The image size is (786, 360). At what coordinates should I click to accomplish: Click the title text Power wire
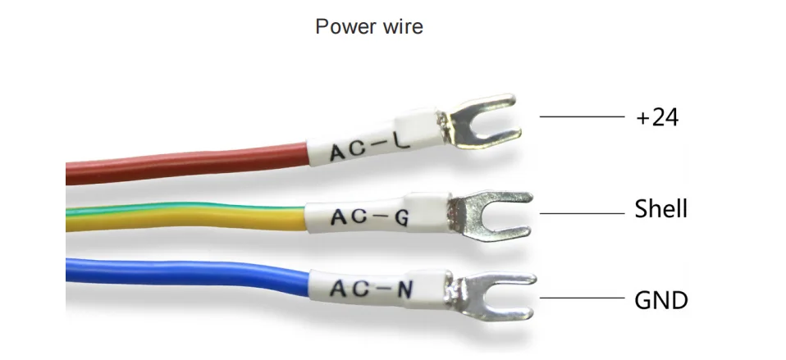click(369, 26)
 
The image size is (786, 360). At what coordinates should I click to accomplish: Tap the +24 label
click(657, 117)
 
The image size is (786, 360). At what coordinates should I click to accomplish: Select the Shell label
click(660, 209)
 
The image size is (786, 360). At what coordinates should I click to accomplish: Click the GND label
click(660, 300)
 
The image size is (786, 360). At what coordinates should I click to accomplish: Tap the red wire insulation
click(181, 162)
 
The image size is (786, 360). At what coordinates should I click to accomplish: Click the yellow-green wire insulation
click(181, 216)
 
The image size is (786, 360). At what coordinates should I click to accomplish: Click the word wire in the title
click(402, 26)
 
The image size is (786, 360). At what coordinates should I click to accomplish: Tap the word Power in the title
click(345, 26)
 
